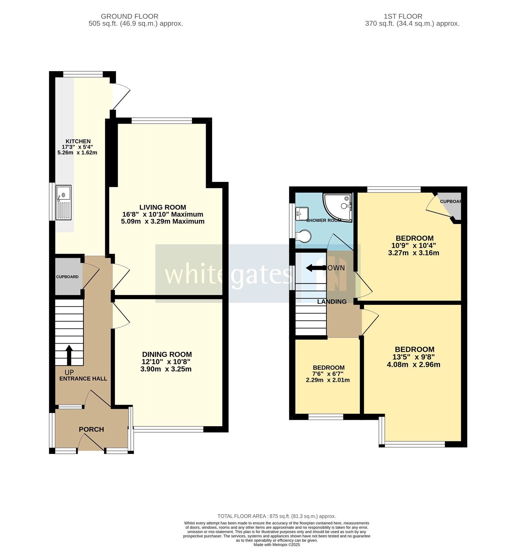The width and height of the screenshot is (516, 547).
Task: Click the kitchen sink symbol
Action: [x=64, y=202]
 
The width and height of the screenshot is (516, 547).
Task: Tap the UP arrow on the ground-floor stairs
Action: [x=69, y=355]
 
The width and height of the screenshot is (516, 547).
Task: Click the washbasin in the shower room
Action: [x=302, y=214]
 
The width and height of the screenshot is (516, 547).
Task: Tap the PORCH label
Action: [x=91, y=429]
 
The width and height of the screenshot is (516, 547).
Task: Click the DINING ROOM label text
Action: [x=167, y=355]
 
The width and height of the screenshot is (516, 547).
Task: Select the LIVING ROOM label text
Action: [x=163, y=207]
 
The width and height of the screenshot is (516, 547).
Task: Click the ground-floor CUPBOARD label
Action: [x=67, y=277]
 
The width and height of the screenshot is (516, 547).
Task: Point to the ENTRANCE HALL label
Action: [x=83, y=378]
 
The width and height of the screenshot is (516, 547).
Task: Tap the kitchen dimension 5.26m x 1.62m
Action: [x=77, y=153]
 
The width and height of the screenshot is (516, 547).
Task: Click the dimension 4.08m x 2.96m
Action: [x=413, y=364]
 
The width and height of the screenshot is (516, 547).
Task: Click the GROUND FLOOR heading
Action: [x=129, y=16]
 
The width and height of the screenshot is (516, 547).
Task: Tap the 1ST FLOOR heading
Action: [x=403, y=16]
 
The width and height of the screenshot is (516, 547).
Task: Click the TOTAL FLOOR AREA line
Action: [x=276, y=516]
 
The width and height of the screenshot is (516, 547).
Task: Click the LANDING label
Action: [x=332, y=302]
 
